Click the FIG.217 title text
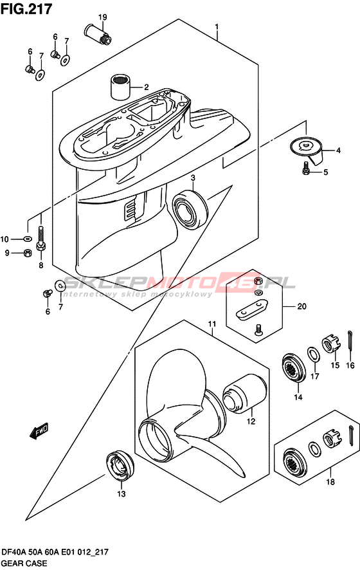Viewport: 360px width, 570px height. [26, 9]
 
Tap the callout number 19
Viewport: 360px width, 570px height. [102, 17]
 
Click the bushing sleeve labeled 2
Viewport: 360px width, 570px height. [120, 86]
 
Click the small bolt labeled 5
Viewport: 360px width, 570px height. [305, 169]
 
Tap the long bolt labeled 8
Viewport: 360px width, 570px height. [41, 239]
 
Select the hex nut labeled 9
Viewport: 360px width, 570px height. [26, 253]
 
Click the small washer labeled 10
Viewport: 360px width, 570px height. [27, 239]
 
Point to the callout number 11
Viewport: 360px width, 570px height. [212, 324]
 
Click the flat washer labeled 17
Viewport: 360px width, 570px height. [314, 354]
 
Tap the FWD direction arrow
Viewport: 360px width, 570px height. [38, 432]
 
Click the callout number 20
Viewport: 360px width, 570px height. [302, 307]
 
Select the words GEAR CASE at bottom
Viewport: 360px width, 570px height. [24, 563]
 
